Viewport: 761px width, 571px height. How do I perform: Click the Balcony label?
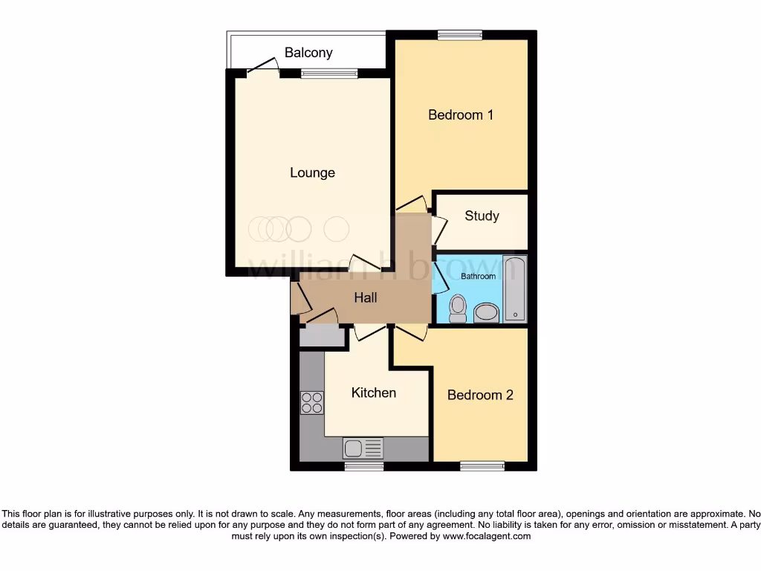pos(308,53)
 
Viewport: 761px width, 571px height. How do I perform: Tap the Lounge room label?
pos(312,172)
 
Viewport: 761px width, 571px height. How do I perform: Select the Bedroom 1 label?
pos(461,114)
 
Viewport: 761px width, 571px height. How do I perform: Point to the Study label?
pos(482,216)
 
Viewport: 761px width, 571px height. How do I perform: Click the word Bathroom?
pos(478,277)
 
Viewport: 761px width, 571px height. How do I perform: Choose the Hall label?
pos(365,297)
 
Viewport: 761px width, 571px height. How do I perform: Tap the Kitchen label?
pos(374,393)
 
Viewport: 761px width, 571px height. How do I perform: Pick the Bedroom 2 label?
pos(480,395)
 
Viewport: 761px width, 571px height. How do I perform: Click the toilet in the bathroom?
pos(458,308)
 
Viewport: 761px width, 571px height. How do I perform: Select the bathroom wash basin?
pos(487,312)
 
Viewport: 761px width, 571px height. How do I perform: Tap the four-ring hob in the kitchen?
pos(312,402)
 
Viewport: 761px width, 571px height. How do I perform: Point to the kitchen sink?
pos(363,448)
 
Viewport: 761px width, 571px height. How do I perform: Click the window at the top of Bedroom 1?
pos(459,34)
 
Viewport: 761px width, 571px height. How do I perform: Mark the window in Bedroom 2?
pos(482,466)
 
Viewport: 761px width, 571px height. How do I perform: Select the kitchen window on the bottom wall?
pos(364,466)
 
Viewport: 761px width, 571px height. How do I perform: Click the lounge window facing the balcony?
pos(328,73)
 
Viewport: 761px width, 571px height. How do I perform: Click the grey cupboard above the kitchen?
pos(323,338)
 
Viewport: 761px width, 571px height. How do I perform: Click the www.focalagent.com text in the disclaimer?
pos(486,535)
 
